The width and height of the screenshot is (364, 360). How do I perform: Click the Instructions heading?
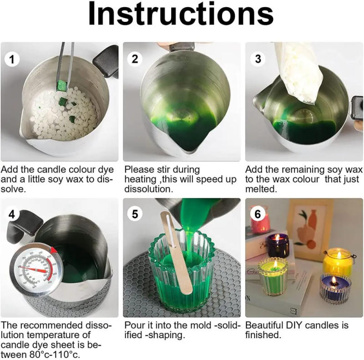click(x=181, y=15)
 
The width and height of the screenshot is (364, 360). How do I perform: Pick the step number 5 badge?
click(x=134, y=213)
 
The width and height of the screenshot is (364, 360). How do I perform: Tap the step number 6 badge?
click(x=258, y=213)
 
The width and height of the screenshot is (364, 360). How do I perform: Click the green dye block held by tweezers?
click(x=62, y=86)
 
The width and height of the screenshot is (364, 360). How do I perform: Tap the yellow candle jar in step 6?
click(x=338, y=263)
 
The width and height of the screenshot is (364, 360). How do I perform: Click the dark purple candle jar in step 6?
click(x=278, y=245)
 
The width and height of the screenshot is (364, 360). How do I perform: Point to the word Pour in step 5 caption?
click(x=134, y=325)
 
